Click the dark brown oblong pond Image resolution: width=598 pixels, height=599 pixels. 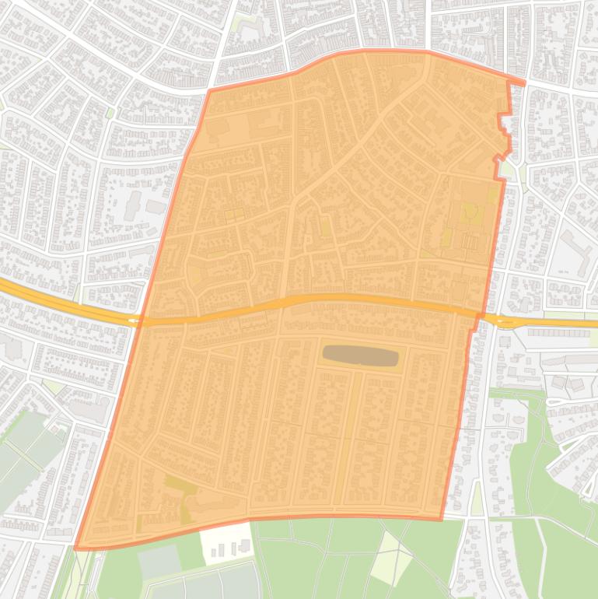pos(360,356)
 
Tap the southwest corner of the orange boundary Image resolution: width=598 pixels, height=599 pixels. pos(76,548)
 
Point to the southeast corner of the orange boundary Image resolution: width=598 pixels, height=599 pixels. pos(441,519)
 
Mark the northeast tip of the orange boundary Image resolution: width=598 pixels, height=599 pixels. pos(523,82)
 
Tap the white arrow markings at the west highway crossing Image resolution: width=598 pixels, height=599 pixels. pos(135,320)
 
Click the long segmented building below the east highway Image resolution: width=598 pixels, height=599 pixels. pos(561,333)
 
